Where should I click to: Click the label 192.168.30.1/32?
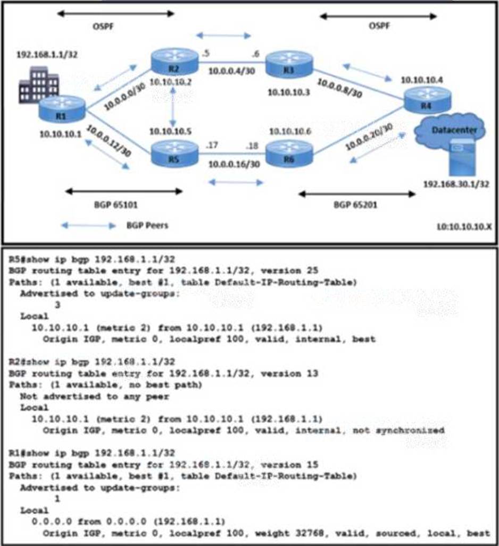click(x=456, y=184)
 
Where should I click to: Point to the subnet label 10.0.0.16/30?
click(x=234, y=164)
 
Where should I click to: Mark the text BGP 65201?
click(x=355, y=204)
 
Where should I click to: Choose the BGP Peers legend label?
click(x=147, y=225)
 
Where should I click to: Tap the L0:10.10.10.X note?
click(x=463, y=226)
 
